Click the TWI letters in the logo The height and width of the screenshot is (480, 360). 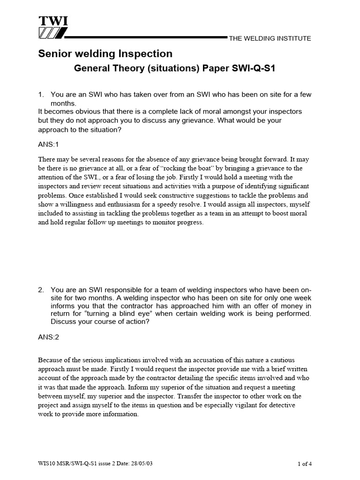52,21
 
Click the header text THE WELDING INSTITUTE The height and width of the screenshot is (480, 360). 270,38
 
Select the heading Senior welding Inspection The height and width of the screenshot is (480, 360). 105,54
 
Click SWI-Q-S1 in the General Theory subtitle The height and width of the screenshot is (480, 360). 251,68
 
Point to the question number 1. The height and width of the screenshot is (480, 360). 41,95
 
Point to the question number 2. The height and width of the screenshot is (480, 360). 41,290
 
